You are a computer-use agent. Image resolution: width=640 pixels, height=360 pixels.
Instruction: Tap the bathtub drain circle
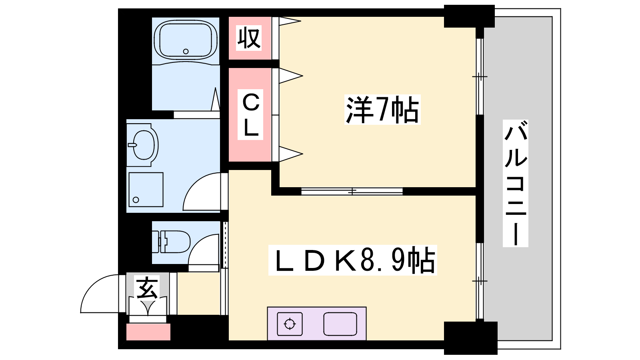pos(186,52)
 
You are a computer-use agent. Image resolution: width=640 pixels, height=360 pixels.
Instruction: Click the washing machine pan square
pos(146,190)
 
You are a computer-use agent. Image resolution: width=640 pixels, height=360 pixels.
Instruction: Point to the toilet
pos(171,242)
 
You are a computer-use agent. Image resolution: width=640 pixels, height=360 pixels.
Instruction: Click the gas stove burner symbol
pos(290,324)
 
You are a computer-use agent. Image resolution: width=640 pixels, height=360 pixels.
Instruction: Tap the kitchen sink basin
pos(340,324)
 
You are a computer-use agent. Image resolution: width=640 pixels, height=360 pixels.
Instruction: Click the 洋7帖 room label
pos(382,110)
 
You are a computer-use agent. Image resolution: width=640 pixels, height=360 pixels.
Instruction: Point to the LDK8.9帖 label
pos(353,260)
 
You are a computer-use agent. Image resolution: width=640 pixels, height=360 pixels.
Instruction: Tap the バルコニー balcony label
pos(516,183)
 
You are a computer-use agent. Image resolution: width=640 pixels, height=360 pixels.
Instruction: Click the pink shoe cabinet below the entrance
pos(148,332)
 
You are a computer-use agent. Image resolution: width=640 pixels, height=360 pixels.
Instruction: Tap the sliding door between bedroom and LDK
pos(352,191)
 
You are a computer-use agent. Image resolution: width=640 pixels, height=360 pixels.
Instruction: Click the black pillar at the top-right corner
pos(469,16)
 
